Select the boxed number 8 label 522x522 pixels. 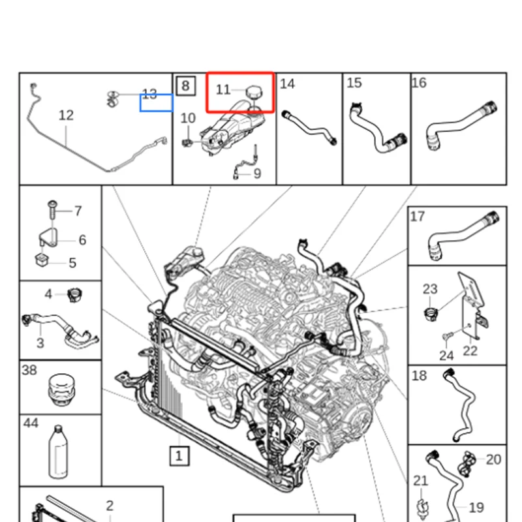point(185,85)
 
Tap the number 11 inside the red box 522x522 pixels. point(223,89)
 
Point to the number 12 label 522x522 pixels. point(66,115)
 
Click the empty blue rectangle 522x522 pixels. point(157,102)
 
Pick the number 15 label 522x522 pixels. point(354,83)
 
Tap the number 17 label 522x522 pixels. point(418,217)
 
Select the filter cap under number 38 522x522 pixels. point(59,391)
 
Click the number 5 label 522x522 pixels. point(72,263)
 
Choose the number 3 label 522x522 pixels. point(40,343)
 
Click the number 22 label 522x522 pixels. point(470,350)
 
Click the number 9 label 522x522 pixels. point(257,174)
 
